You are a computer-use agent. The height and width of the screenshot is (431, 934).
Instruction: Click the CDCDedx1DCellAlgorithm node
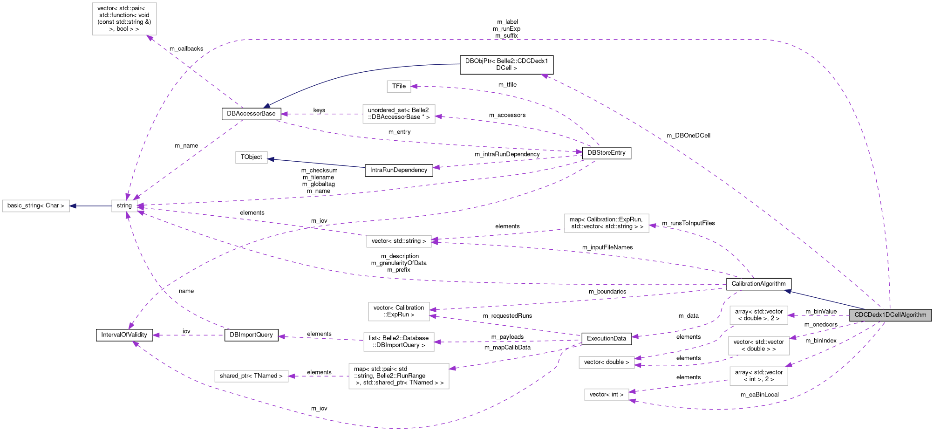[890, 315]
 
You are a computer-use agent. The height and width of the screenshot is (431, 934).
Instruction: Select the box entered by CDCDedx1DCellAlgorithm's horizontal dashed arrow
[758, 315]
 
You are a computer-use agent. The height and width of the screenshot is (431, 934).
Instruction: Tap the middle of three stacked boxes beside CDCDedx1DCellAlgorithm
[758, 346]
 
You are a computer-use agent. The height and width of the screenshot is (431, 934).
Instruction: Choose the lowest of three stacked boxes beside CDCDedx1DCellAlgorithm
[758, 376]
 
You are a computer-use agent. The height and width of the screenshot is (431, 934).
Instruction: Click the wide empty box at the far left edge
[36, 206]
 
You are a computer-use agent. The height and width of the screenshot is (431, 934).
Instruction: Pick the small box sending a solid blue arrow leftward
[124, 206]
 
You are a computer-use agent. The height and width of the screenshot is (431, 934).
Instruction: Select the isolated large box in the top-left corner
[124, 19]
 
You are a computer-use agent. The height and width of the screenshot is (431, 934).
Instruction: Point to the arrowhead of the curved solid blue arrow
[266, 106]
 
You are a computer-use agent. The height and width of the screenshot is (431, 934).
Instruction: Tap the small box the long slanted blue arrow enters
[252, 157]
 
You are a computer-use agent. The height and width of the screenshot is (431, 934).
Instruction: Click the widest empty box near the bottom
[399, 376]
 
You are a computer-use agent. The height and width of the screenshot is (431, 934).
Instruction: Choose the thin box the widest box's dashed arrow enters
[252, 376]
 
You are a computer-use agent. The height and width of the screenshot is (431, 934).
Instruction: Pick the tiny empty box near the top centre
[399, 87]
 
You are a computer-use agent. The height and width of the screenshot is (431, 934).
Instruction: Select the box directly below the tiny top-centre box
[399, 114]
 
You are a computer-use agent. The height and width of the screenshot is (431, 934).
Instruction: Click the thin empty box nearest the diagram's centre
[399, 241]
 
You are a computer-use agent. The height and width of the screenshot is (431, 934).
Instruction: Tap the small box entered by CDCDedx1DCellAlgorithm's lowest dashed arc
[607, 395]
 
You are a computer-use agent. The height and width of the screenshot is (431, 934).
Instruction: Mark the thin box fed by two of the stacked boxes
[607, 363]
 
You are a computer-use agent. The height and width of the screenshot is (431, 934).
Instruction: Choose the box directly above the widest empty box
[399, 342]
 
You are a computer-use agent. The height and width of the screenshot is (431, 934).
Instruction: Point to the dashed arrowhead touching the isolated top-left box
[150, 37]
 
